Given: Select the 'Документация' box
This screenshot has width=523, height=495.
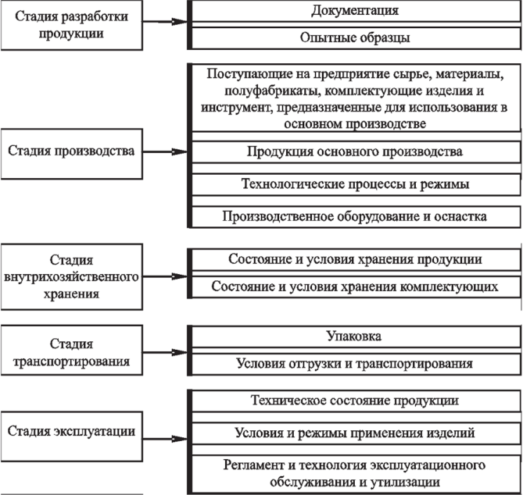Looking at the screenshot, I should tap(354, 12).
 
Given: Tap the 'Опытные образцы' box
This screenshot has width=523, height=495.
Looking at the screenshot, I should tap(354, 37).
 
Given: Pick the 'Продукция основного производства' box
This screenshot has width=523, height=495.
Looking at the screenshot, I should tap(354, 151).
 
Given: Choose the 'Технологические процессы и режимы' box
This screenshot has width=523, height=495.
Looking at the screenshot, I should tap(354, 183).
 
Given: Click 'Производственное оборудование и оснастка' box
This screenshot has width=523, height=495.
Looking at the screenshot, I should tap(354, 215).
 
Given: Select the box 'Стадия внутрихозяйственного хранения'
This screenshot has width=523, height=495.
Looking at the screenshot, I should tap(72, 276).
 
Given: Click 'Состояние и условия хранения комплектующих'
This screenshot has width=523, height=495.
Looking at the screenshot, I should tap(354, 287).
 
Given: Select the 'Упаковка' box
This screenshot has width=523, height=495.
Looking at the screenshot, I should tap(354, 337).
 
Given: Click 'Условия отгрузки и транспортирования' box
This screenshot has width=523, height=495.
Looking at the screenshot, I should tap(354, 364).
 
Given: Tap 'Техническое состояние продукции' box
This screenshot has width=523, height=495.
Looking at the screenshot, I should tap(354, 401).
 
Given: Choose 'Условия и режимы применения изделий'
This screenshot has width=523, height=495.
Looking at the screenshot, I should tap(354, 432).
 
